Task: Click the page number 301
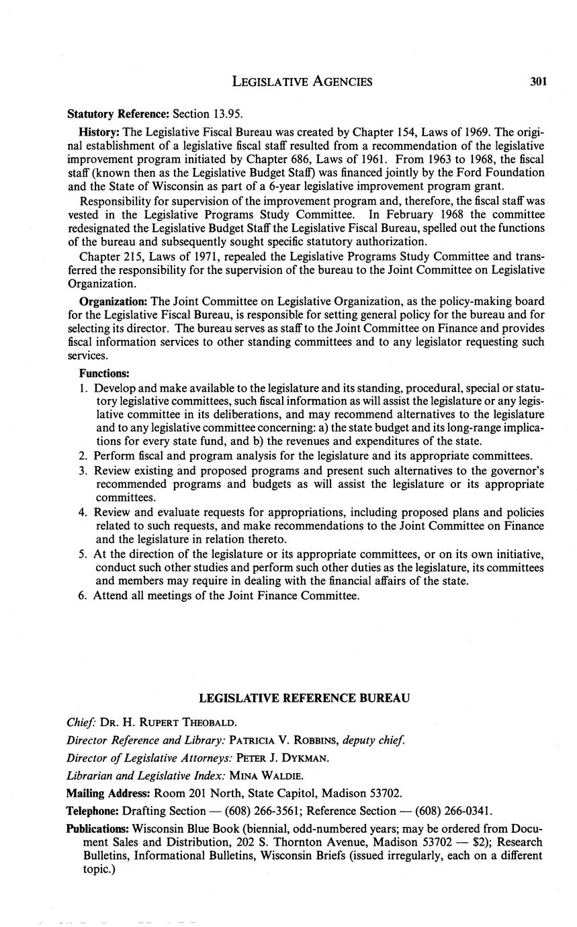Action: [x=538, y=82]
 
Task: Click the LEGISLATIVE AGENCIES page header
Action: [x=302, y=82]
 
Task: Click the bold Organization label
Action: [x=113, y=301]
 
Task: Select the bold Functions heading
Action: [x=104, y=373]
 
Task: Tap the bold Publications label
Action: [x=97, y=829]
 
